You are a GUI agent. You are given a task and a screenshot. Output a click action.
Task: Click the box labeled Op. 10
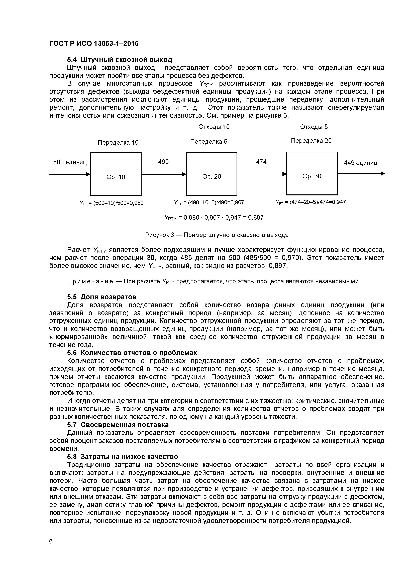coord(116,174)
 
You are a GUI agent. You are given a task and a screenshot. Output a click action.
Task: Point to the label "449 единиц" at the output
coord(360,163)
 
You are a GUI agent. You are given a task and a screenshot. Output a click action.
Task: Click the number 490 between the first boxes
coord(163,162)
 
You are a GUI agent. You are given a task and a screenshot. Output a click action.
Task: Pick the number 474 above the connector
coord(261,162)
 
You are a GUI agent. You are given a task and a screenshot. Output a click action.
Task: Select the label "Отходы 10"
coord(214,127)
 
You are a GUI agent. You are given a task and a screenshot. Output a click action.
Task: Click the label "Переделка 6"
coord(209,142)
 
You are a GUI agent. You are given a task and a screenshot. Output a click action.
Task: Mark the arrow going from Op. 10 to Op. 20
coord(163,174)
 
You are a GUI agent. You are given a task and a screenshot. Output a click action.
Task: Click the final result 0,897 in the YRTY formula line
coord(256,218)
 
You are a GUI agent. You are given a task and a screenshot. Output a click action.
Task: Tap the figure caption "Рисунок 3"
coord(159,235)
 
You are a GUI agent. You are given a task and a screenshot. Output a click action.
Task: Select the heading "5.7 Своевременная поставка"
coord(118,425)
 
